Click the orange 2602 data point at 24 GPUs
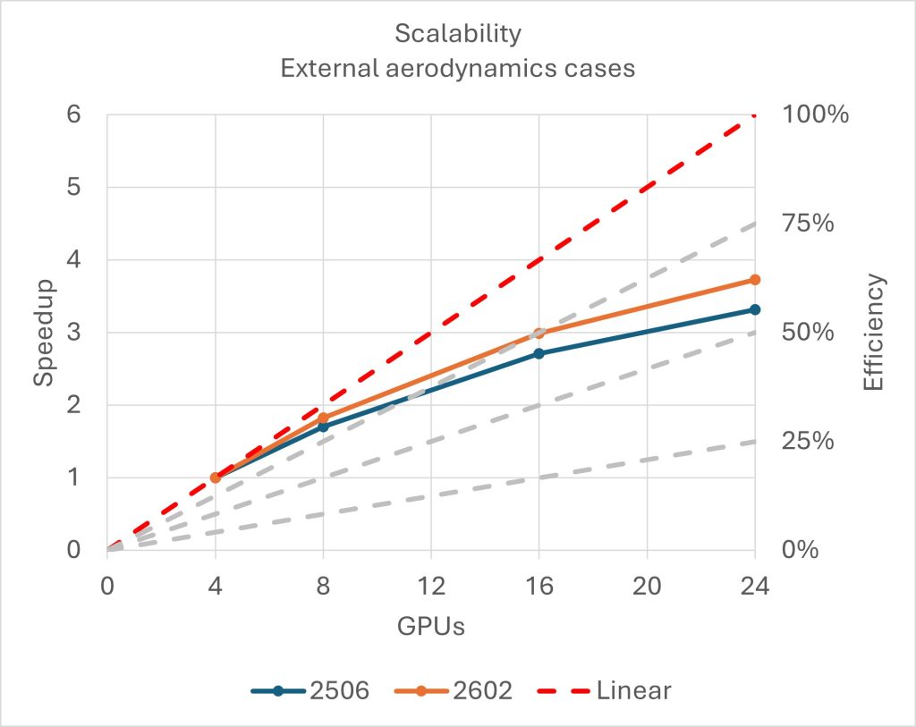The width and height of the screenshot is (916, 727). click(x=755, y=280)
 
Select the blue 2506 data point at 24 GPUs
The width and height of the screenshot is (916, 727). click(x=755, y=309)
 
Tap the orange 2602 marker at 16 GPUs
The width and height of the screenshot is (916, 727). click(x=539, y=334)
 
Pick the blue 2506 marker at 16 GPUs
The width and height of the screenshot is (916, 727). click(x=539, y=353)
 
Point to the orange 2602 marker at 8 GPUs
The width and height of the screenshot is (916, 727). click(x=323, y=418)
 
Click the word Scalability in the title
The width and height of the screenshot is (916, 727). click(x=457, y=34)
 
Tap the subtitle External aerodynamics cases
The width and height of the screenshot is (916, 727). click(x=457, y=69)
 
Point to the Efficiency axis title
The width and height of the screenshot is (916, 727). click(x=873, y=332)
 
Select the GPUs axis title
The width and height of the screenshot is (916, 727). click(x=430, y=626)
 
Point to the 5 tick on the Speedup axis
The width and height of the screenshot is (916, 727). click(x=74, y=188)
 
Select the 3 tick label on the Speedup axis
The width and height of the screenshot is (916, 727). click(x=74, y=333)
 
